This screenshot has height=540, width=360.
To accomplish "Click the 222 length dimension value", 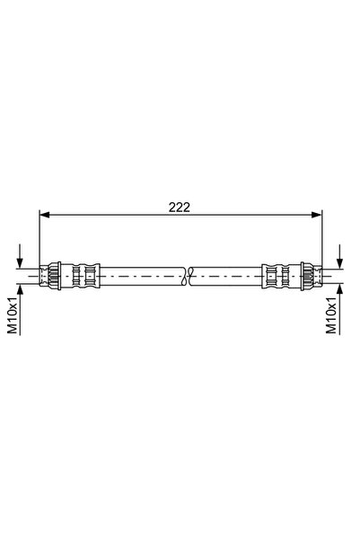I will [179, 206].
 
